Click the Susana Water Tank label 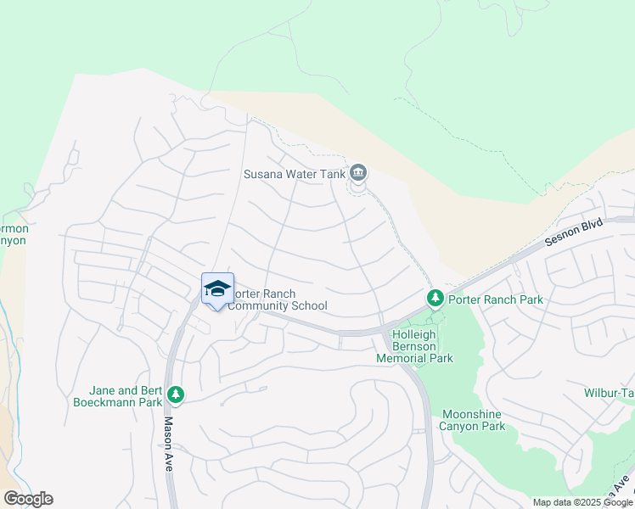coord(295,174)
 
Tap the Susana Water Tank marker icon coord(358,174)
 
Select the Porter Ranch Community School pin coord(217,290)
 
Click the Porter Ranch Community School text coord(278,299)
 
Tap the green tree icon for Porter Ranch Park coord(435,299)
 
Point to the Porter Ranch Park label coord(495,299)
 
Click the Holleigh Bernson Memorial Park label coord(414,346)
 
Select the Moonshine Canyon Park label coord(473,420)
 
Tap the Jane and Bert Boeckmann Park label coord(127,396)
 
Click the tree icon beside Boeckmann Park coord(176,394)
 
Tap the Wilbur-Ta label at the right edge coord(609,394)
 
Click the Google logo coord(28,499)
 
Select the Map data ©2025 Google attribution coord(582,502)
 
